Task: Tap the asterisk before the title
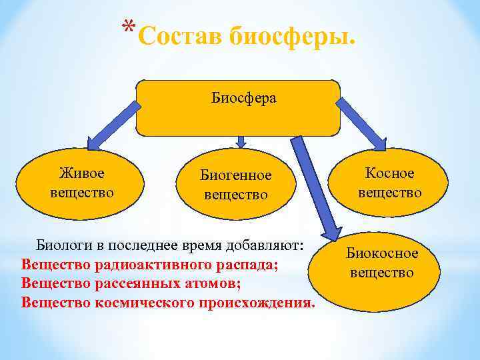[131, 28]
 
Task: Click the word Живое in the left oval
[82, 173]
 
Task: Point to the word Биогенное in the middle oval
[237, 175]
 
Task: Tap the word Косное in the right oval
[390, 173]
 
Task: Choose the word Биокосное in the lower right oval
[382, 253]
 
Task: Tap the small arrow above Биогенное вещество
[242, 141]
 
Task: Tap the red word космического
[147, 303]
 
